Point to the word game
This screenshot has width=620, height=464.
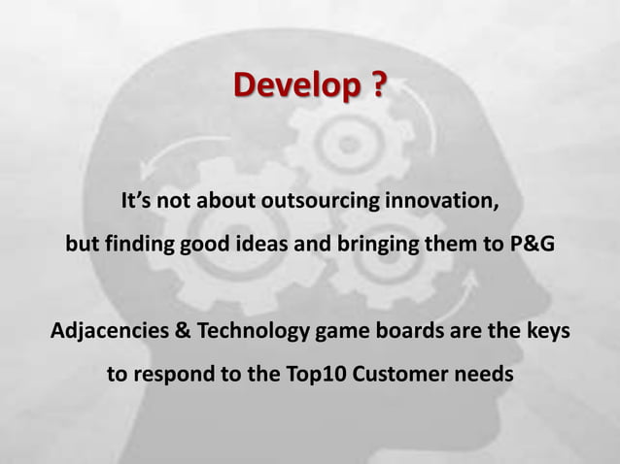(340, 333)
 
